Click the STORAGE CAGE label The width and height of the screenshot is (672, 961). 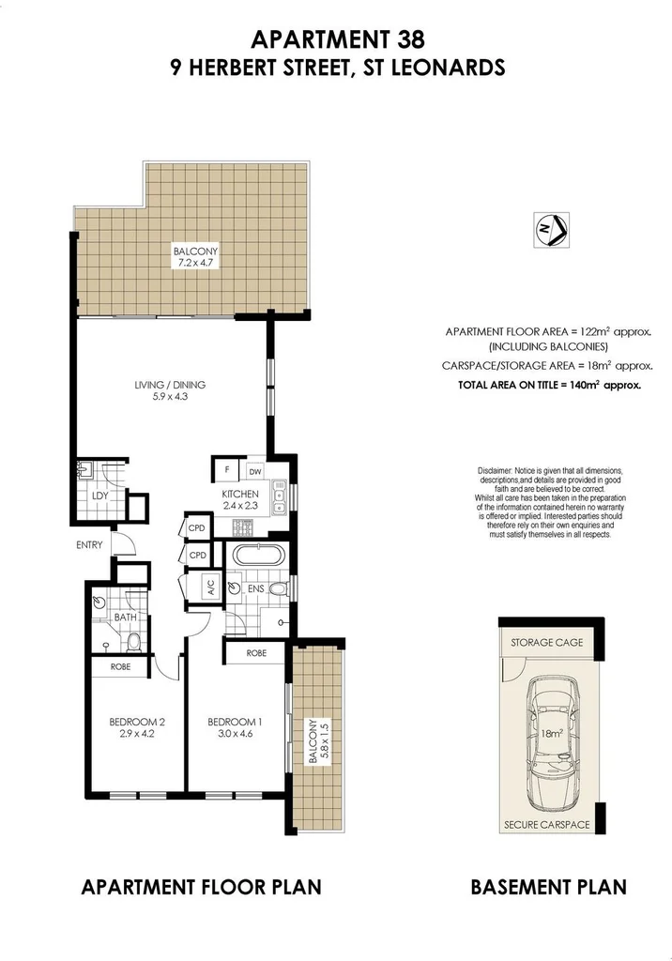click(546, 643)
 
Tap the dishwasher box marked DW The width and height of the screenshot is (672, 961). click(255, 471)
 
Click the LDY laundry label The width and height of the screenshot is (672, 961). click(99, 496)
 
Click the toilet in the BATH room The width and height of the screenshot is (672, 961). click(134, 642)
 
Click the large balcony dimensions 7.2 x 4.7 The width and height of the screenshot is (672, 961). click(194, 264)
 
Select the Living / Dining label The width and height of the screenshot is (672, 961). click(170, 384)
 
